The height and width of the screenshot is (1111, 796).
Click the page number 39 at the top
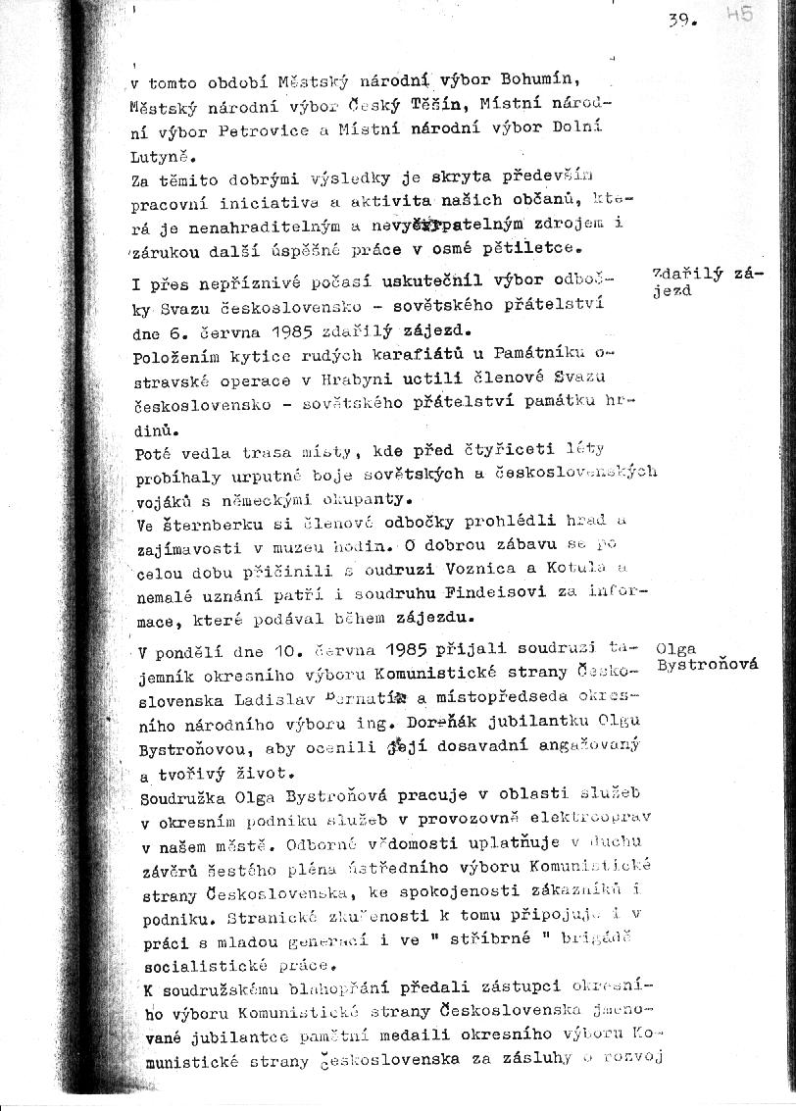(x=682, y=19)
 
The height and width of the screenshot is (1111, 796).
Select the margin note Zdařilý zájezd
(x=706, y=281)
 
